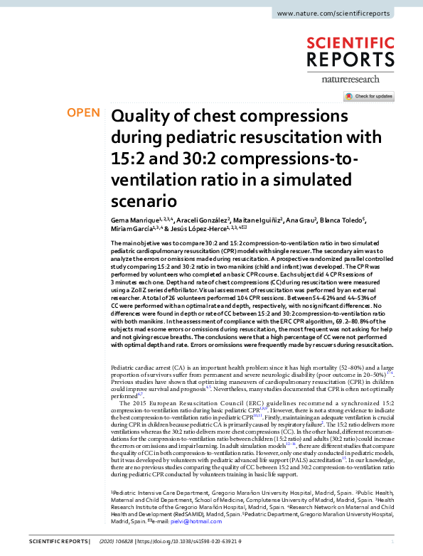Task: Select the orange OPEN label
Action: pos(82,112)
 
